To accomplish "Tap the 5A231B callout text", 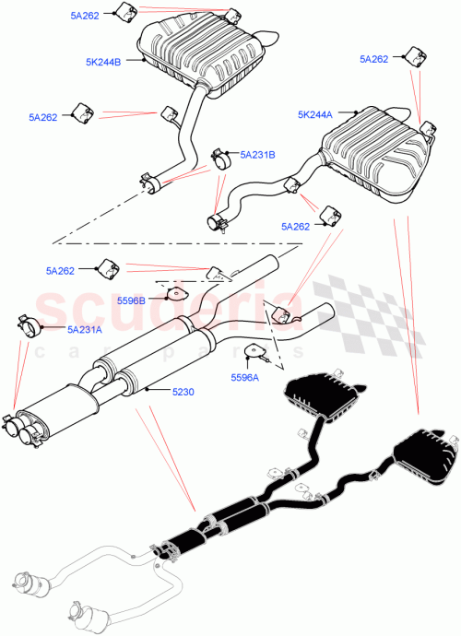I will (x=257, y=156).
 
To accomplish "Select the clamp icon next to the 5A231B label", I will (x=221, y=158).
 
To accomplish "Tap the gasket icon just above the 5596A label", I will (x=249, y=351).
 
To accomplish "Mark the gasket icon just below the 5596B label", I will (x=171, y=294).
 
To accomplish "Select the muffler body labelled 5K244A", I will (x=373, y=152).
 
